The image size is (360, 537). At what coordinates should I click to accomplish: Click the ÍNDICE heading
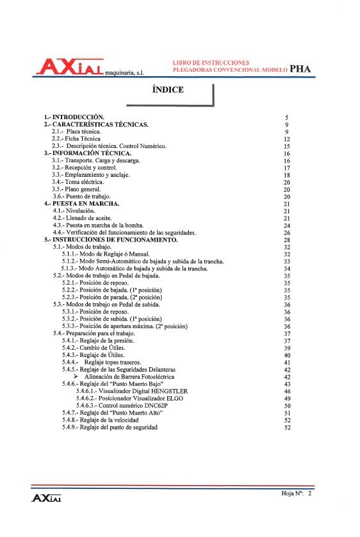point(168,90)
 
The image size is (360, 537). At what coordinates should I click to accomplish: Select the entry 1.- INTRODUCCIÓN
point(74,117)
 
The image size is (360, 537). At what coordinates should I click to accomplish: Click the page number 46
point(287,391)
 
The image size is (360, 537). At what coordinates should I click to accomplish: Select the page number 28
point(287,240)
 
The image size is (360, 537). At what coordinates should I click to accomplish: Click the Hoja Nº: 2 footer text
point(295,494)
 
